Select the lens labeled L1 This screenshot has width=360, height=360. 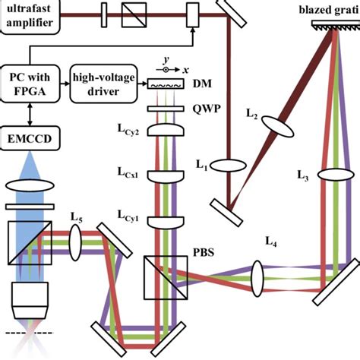pos(226,165)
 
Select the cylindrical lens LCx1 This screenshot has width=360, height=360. pos(156,176)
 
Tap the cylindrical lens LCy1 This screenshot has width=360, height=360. pos(156,222)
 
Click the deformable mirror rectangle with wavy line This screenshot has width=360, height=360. pos(156,86)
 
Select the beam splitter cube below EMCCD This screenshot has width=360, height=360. pos(31,242)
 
